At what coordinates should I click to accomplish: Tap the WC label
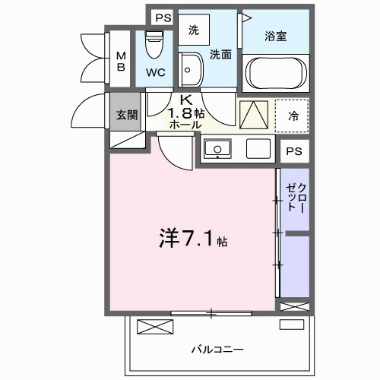[x=156, y=74]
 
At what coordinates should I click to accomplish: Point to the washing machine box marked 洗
[x=193, y=31]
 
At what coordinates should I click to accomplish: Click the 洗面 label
[x=220, y=54]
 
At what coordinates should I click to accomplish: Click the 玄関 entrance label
[x=126, y=116]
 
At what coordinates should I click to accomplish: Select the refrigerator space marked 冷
[x=293, y=116]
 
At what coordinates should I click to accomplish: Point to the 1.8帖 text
[x=186, y=112]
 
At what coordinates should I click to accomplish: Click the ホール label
[x=185, y=125]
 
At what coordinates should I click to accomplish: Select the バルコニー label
[x=217, y=349]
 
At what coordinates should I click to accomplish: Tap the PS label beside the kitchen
[x=293, y=152]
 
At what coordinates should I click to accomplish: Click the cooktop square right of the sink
[x=258, y=148]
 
